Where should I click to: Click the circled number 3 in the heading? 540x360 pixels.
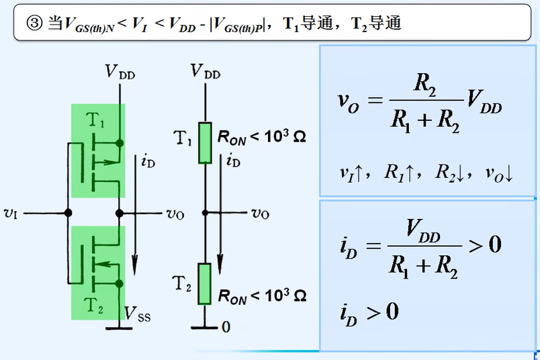pos(34,24)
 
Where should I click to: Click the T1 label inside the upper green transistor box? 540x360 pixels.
pos(95,122)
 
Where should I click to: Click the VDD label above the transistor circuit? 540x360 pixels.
pos(120,71)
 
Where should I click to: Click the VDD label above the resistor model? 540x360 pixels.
pos(205,71)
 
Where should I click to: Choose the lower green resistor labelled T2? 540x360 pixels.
pos(206,283)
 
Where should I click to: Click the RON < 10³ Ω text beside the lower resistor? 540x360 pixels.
pos(262,295)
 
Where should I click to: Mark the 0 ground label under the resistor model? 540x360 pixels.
pos(226,327)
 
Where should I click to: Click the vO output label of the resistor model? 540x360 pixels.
pos(260,214)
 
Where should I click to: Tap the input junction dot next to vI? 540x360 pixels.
pos(67,213)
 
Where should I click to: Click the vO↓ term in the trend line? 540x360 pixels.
pos(499,173)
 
